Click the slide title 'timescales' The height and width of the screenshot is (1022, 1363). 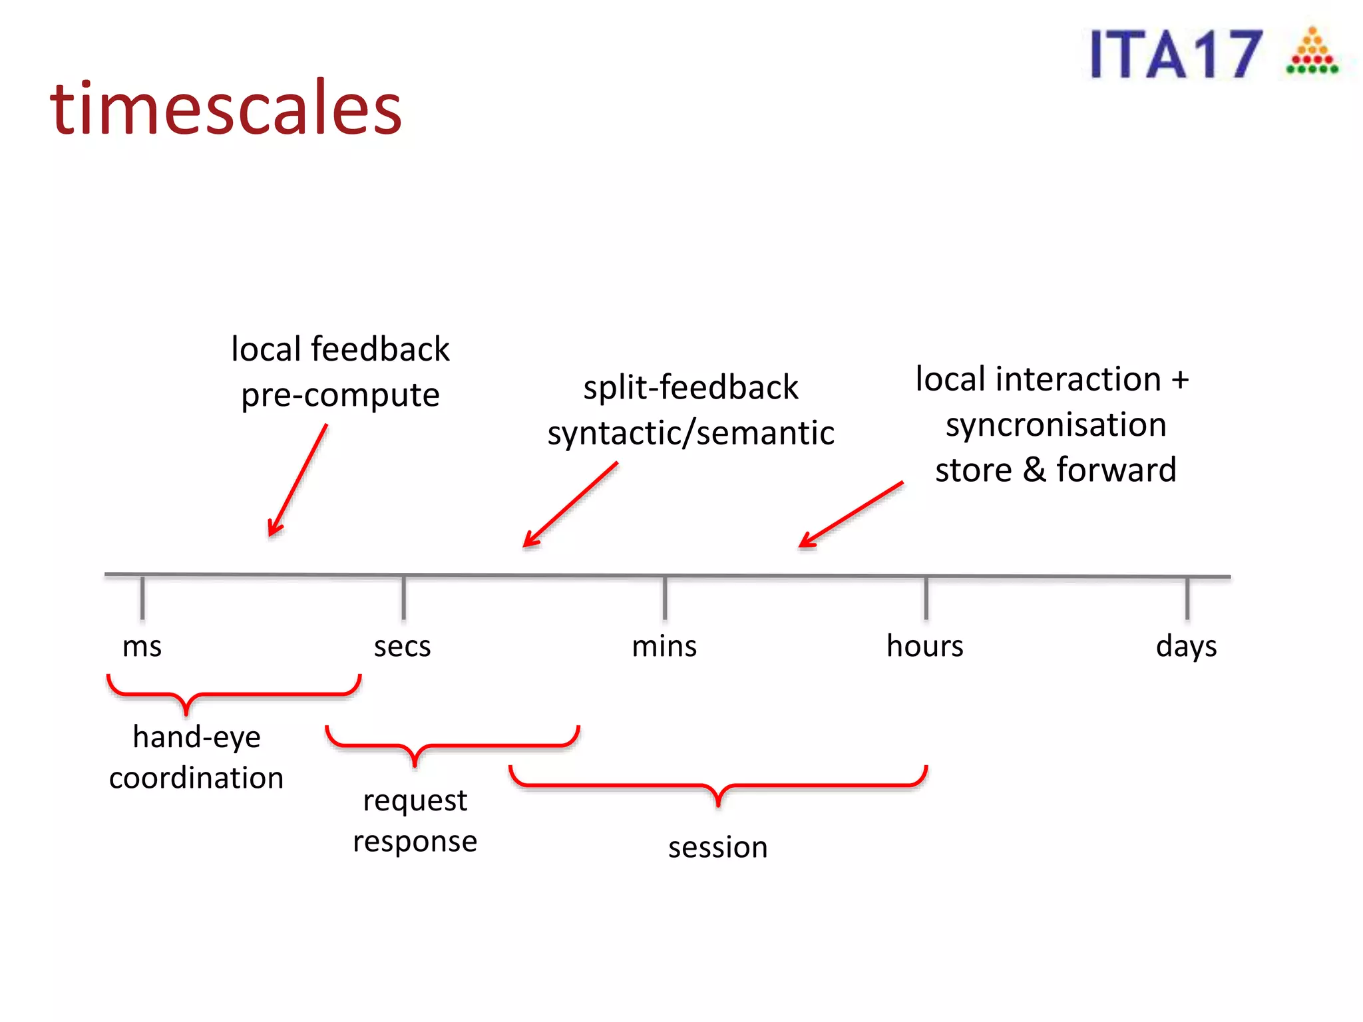click(x=226, y=108)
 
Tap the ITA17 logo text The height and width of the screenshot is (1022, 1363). click(x=1176, y=55)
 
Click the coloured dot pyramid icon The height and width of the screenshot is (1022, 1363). click(x=1312, y=52)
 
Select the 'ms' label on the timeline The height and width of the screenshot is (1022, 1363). click(x=142, y=646)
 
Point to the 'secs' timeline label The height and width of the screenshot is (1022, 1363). click(x=402, y=646)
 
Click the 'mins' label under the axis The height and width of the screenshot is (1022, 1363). click(x=664, y=646)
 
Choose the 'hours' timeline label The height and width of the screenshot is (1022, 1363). click(x=924, y=646)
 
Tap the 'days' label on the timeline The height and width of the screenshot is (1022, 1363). click(x=1186, y=646)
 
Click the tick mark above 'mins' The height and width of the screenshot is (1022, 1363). click(x=665, y=597)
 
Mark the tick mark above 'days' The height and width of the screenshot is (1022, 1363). click(x=1187, y=597)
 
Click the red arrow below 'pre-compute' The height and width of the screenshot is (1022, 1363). click(x=297, y=480)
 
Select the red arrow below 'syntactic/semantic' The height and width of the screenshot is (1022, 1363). click(x=570, y=504)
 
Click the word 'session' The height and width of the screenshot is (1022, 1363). click(x=717, y=848)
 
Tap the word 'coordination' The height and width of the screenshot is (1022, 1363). click(x=196, y=778)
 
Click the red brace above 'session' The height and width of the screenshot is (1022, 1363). click(x=717, y=785)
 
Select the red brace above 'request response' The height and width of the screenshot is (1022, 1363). click(x=453, y=746)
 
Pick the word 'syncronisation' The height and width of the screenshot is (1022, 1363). click(x=1056, y=425)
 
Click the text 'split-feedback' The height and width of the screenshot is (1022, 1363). click(x=690, y=387)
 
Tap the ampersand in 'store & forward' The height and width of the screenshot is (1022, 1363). click(x=1034, y=470)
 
